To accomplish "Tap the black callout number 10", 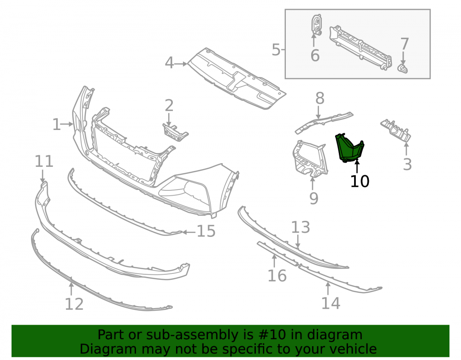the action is coord(360,181).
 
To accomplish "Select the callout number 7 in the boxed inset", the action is coord(405,44).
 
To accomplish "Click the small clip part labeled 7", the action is coord(403,69).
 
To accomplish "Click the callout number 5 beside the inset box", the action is coord(276,50).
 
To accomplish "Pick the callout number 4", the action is coord(169,63).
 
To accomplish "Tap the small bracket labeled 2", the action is coord(176,132).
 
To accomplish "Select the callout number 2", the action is coord(169,106).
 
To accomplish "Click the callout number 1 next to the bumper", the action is coord(56,124).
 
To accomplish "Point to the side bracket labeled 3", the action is coord(396,131).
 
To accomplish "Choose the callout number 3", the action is coord(407,164).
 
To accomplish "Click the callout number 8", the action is coord(320,98).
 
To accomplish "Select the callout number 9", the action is coord(313,198).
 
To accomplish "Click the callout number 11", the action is coord(44,161).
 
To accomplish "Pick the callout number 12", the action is coord(74,304).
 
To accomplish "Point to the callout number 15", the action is coord(206,231).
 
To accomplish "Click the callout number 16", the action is coord(277,276).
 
